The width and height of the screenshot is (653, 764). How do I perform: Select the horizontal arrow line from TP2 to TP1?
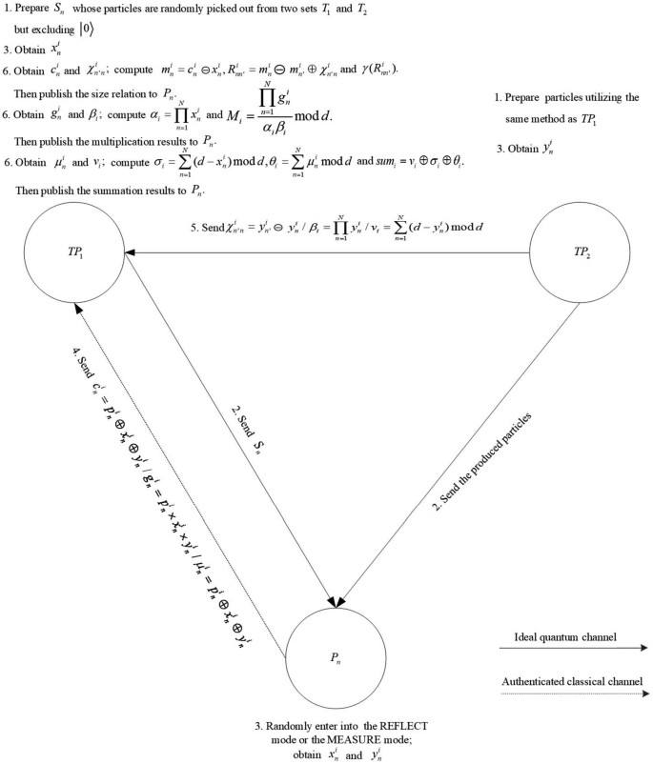334,252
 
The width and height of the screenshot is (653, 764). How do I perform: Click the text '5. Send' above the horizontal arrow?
208,230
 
